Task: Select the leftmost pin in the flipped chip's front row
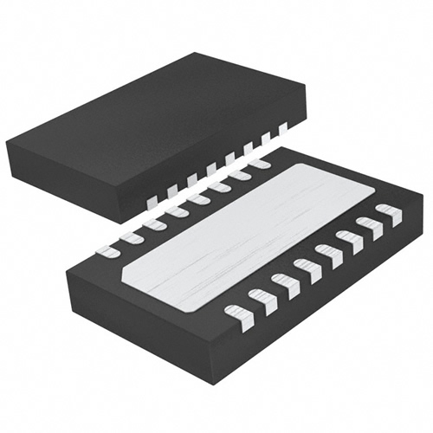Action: [x=236, y=313]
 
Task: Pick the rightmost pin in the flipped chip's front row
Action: [x=389, y=213]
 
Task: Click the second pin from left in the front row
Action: [x=261, y=298]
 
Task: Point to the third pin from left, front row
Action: [x=284, y=282]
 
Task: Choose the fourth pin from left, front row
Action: [x=307, y=268]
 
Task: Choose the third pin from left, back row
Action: [x=154, y=223]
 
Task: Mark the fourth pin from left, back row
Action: [x=177, y=210]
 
